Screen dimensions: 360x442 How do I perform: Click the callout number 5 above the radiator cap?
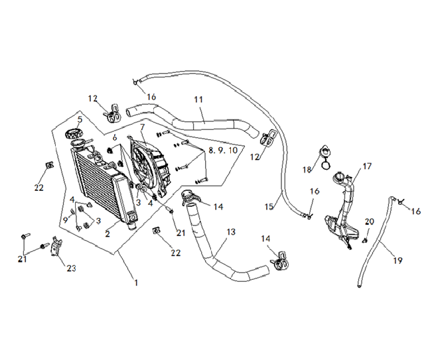(79, 120)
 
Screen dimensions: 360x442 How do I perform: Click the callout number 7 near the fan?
(141, 127)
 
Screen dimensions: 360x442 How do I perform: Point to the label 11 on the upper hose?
(198, 100)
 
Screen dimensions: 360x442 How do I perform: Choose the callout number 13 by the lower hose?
(231, 232)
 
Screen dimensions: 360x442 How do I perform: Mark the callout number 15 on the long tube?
(269, 207)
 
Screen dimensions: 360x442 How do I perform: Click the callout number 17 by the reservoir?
(367, 167)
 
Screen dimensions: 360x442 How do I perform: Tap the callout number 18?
(307, 169)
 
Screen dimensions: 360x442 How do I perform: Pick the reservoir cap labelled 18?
(326, 157)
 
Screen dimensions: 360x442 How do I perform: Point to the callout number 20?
(370, 221)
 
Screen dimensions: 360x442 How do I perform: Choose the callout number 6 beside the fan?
(115, 137)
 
